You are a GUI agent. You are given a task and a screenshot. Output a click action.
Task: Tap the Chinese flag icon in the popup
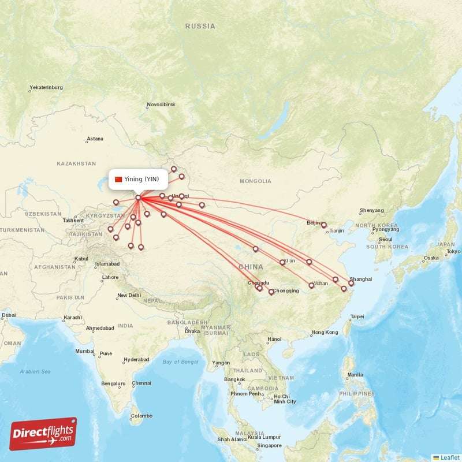point(119,179)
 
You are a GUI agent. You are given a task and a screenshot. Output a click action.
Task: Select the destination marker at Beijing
point(324,225)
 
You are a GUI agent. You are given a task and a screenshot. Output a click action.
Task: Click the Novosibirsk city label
point(161,105)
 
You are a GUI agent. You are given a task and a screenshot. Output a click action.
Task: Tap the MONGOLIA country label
point(256,181)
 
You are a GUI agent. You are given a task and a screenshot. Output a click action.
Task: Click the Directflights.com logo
point(43,434)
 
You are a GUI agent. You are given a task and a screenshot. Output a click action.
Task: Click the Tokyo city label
point(453,252)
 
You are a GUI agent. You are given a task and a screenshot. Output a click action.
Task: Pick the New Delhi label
point(129,296)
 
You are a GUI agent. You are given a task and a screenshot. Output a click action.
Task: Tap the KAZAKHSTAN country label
point(76,164)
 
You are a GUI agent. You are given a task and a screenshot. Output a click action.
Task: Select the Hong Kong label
point(324,333)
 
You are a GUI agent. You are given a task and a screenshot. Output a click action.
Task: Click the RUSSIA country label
point(200,26)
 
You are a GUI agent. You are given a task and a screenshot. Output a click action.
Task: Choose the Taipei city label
point(357,316)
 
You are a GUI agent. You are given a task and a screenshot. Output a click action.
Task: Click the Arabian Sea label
point(36,371)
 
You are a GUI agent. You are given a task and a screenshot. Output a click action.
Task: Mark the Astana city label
point(95,139)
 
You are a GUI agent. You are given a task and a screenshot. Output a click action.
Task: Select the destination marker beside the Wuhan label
point(311,285)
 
